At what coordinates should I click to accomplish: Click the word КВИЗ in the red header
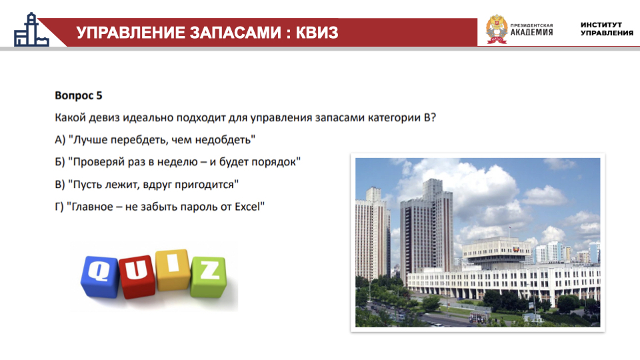coord(317,32)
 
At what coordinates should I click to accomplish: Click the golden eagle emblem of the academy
coord(497,29)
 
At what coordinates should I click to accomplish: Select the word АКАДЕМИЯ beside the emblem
coord(531,32)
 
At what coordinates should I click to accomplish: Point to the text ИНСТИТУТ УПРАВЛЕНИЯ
coord(607,29)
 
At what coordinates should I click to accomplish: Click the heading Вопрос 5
coord(79,95)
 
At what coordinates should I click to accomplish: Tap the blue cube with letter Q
coord(99,276)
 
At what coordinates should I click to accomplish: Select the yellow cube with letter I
coord(173,269)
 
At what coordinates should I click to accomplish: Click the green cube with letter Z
coord(209,276)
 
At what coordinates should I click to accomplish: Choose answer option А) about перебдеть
coord(155,140)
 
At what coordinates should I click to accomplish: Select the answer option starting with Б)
coord(177,162)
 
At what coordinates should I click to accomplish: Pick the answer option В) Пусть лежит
coord(147,185)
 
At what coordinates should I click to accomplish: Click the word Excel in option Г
coord(247,207)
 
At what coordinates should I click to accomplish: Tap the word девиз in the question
coord(104,118)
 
